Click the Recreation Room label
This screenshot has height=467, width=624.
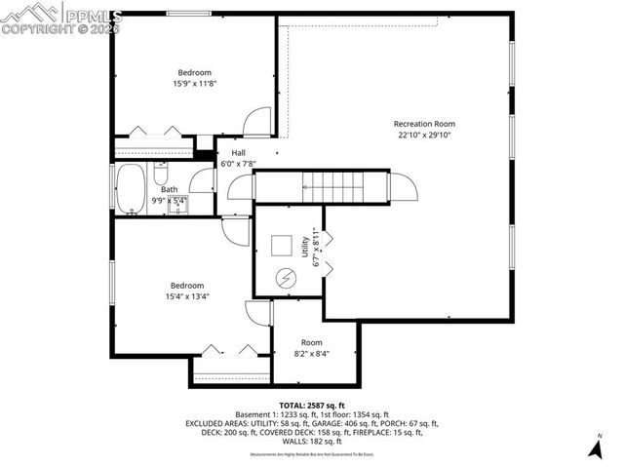pyautogui.click(x=424, y=124)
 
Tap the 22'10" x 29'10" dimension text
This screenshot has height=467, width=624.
pyautogui.click(x=424, y=136)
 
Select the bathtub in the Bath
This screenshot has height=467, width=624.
pyautogui.click(x=130, y=189)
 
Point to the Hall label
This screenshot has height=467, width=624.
pyautogui.click(x=238, y=153)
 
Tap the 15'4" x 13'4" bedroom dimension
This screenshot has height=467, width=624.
pyautogui.click(x=188, y=296)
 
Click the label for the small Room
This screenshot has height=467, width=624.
pyautogui.click(x=311, y=342)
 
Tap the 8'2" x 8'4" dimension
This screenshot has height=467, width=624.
pyautogui.click(x=311, y=354)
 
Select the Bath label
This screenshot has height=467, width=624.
pyautogui.click(x=170, y=190)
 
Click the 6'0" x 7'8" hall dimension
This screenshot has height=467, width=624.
pyautogui.click(x=238, y=164)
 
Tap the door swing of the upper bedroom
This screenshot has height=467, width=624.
pyautogui.click(x=256, y=123)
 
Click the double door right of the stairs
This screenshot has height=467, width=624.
pyautogui.click(x=402, y=185)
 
